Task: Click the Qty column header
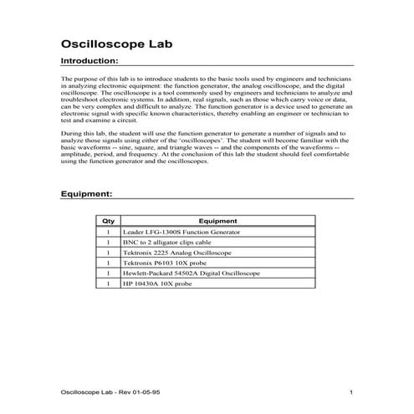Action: tap(108, 221)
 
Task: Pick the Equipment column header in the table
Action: tap(218, 221)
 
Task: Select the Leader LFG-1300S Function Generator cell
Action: tap(181, 232)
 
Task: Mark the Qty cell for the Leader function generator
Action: tap(108, 232)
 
